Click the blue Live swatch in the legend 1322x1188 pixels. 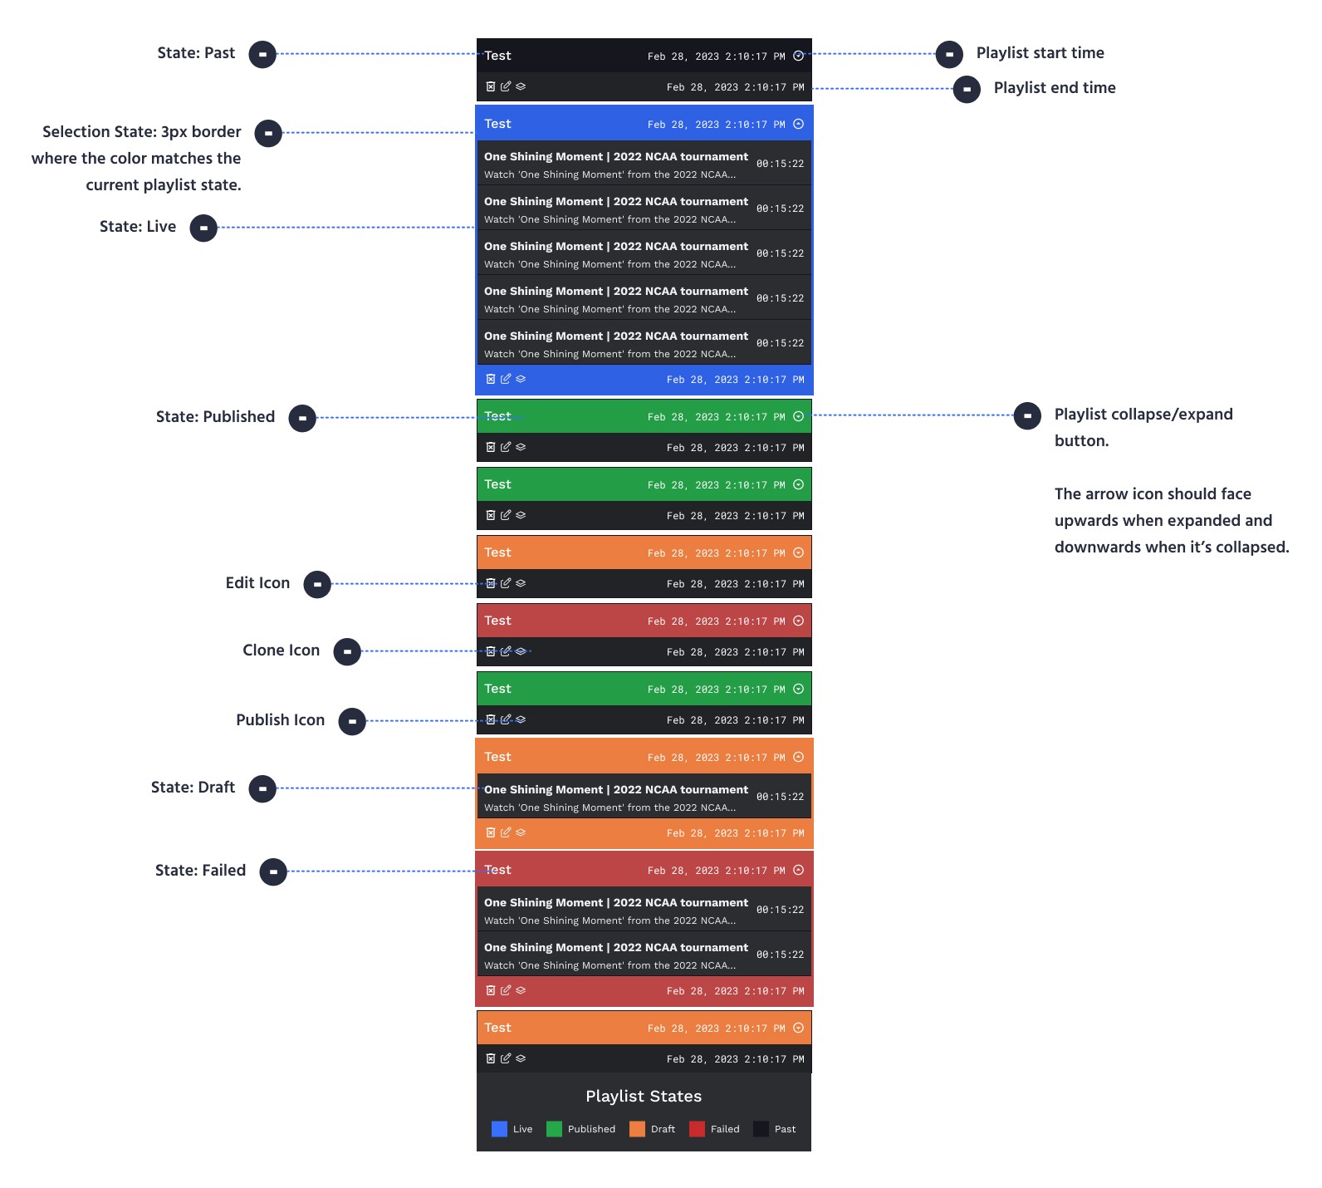pyautogui.click(x=499, y=1129)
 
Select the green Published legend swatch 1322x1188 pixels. pyautogui.click(x=554, y=1129)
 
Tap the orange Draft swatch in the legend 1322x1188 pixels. pyautogui.click(x=637, y=1129)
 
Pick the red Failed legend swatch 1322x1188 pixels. pyautogui.click(x=697, y=1129)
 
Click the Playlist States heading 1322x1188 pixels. pyautogui.click(x=644, y=1097)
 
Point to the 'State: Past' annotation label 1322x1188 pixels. pyautogui.click(x=196, y=53)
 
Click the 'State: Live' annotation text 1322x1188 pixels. pyautogui.click(x=138, y=227)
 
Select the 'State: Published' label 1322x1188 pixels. pyautogui.click(x=215, y=417)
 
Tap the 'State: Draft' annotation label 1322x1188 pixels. pyautogui.click(x=193, y=788)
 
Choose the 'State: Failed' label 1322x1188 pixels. pyautogui.click(x=200, y=871)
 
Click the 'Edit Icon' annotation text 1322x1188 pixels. pyautogui.click(x=257, y=583)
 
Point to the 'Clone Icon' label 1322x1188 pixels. pyautogui.click(x=281, y=650)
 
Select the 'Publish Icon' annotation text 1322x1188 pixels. pyautogui.click(x=280, y=720)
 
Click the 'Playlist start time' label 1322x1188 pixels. pyautogui.click(x=1040, y=53)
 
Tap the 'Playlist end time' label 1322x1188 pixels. pyautogui.click(x=1055, y=88)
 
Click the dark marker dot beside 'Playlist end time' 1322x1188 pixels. pyautogui.click(x=967, y=89)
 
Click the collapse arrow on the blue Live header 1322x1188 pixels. pyautogui.click(x=799, y=125)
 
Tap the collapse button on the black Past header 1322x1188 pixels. pyautogui.click(x=799, y=56)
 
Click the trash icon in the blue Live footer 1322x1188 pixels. pyautogui.click(x=491, y=379)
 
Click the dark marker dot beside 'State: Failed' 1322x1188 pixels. pyautogui.click(x=273, y=871)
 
